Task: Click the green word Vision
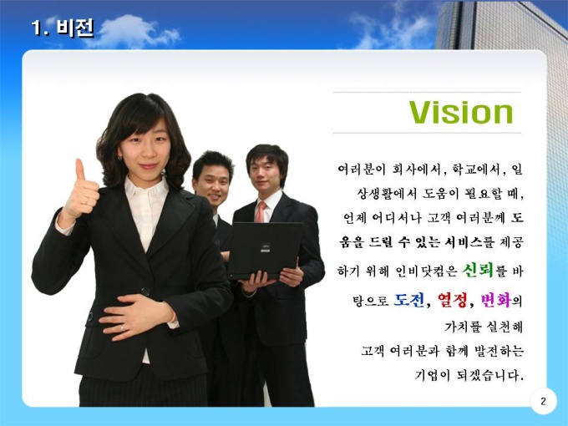[x=461, y=112]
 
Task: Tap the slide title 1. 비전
[x=63, y=28]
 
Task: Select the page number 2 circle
[x=543, y=402]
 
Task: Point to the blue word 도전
[x=409, y=300]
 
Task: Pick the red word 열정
[x=453, y=300]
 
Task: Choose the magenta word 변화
[x=495, y=300]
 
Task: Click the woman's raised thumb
[x=80, y=170]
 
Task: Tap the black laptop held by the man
[x=265, y=250]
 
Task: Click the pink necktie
[x=261, y=212]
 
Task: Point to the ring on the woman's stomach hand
[x=122, y=327]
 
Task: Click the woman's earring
[x=119, y=158]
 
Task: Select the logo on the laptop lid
[x=265, y=248]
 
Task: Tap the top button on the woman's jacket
[x=145, y=291]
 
